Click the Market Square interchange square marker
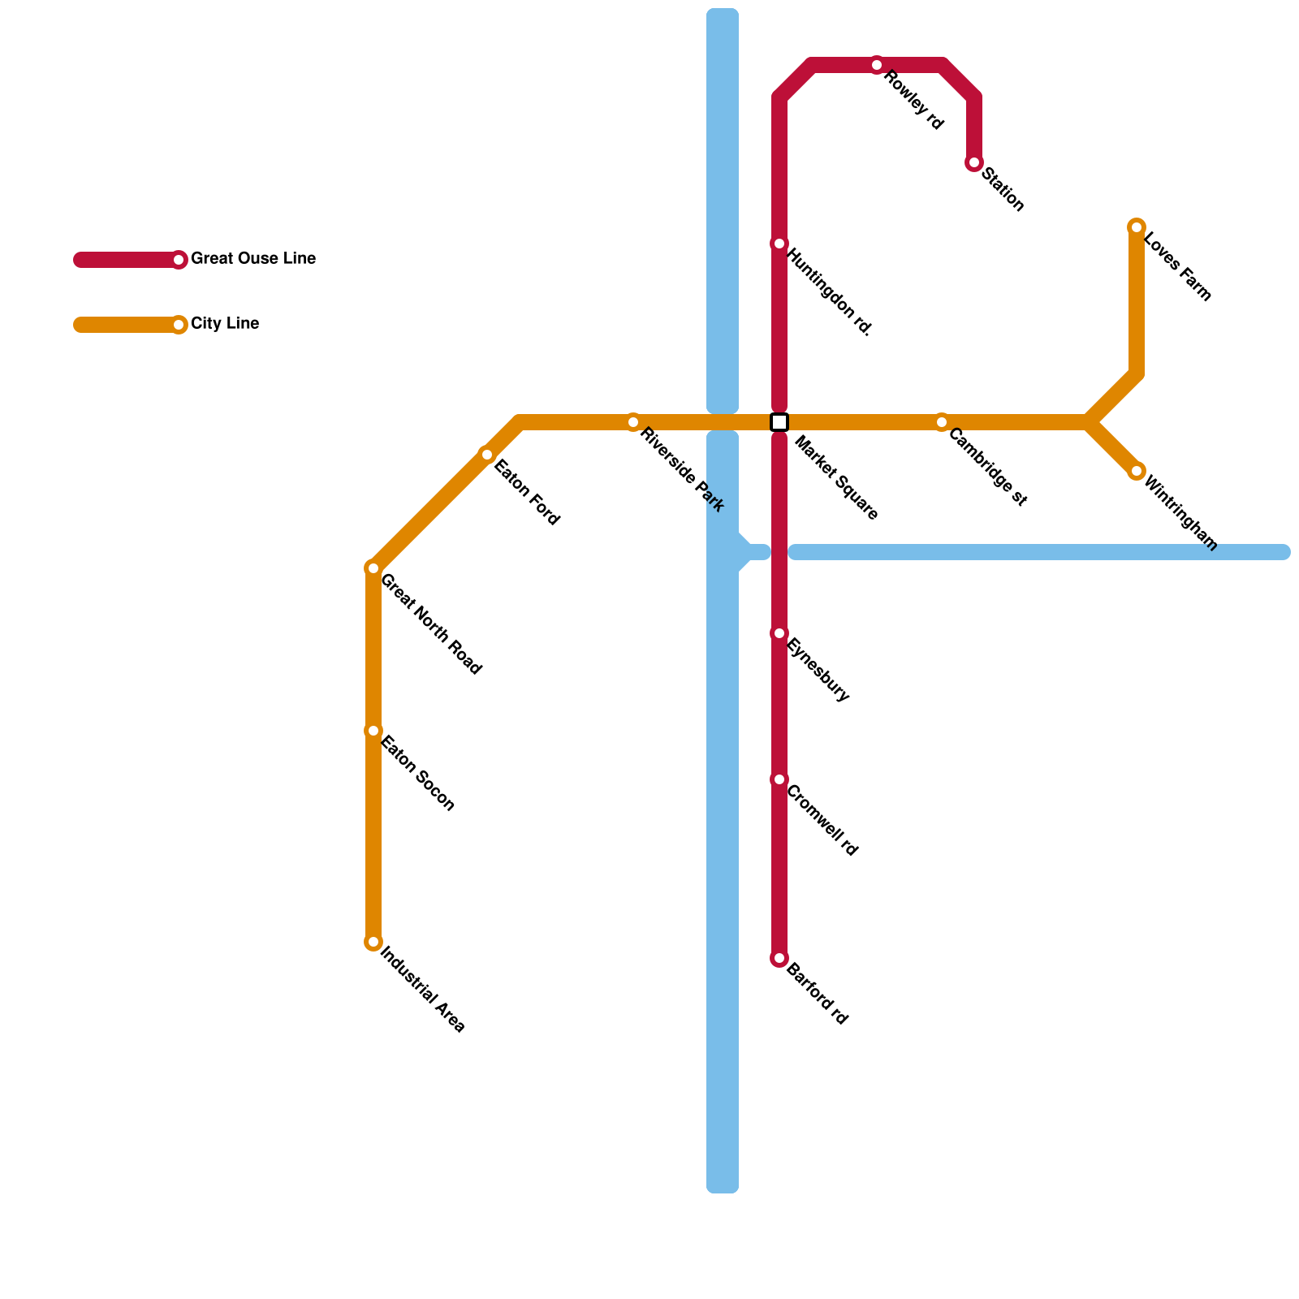(779, 422)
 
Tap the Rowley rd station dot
(877, 65)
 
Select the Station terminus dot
(974, 163)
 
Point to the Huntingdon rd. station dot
(779, 244)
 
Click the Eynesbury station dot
(779, 633)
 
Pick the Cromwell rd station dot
(779, 779)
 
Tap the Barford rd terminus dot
(779, 959)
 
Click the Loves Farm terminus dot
(1137, 227)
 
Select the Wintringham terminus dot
(1137, 472)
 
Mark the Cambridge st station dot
(942, 422)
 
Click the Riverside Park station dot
(633, 422)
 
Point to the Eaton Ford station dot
(487, 455)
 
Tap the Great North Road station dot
(373, 568)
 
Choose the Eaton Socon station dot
(373, 731)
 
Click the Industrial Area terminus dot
(373, 942)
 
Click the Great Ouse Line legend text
(253, 259)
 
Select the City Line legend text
(225, 324)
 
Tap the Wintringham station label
(1180, 513)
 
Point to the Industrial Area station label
(422, 990)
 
